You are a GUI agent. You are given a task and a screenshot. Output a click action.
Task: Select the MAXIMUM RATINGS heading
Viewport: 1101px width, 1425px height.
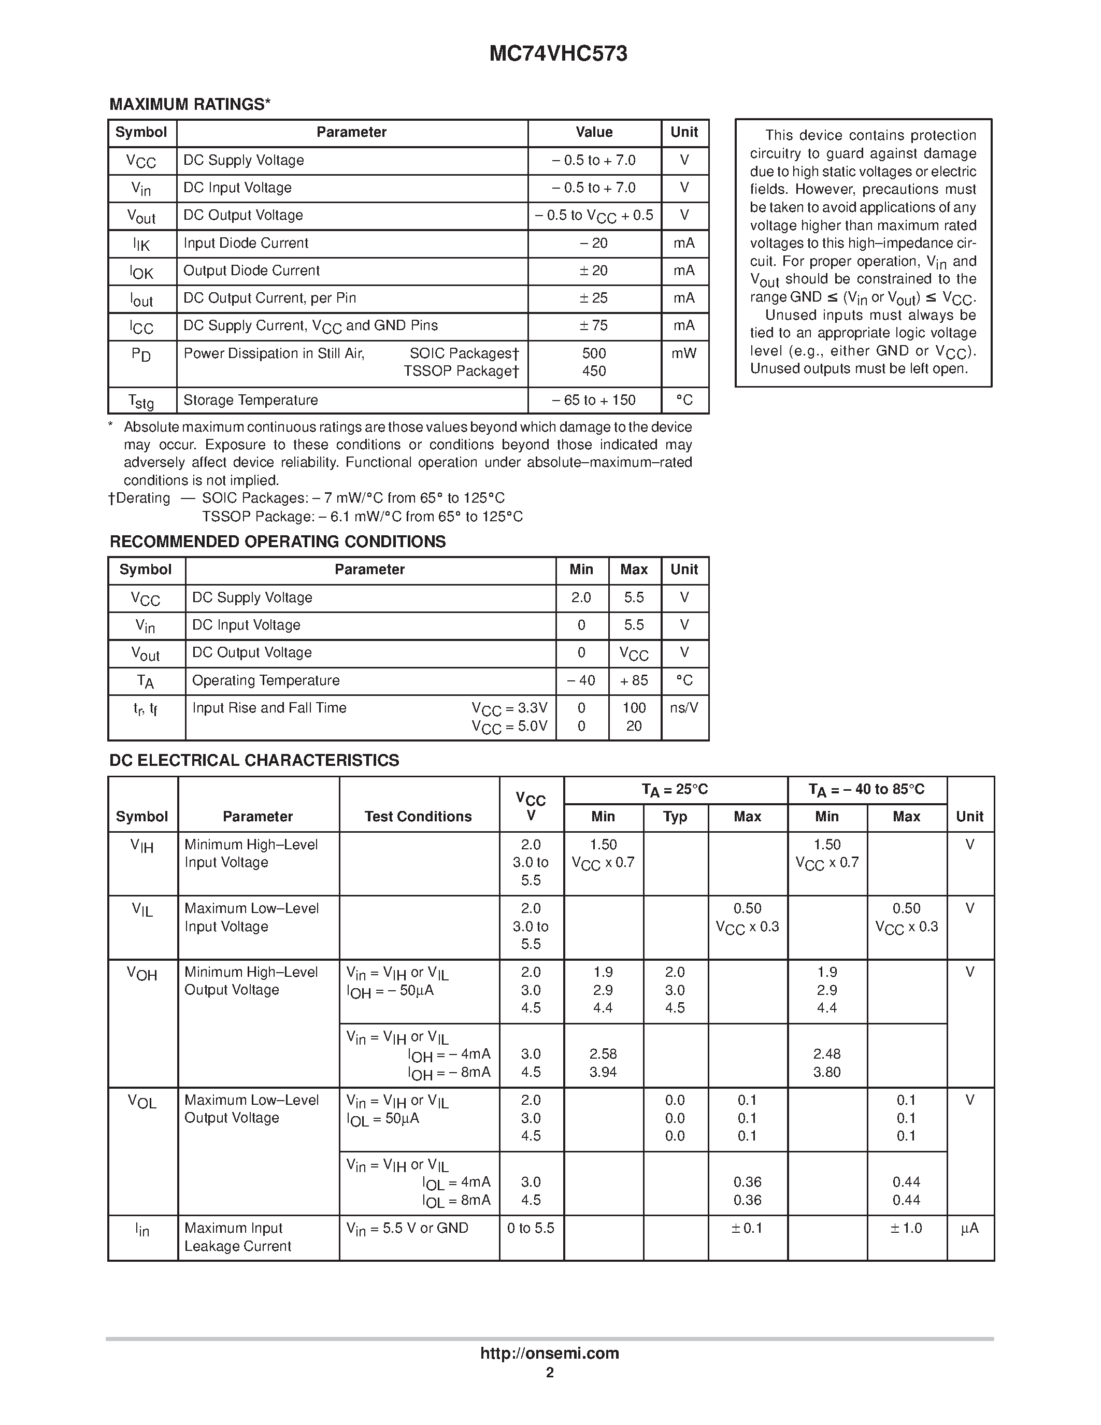[x=190, y=104]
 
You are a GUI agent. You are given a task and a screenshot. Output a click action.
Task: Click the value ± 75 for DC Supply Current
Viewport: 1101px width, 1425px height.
[x=594, y=325]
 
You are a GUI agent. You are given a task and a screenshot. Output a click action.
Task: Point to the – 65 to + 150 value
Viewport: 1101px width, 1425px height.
[x=594, y=400]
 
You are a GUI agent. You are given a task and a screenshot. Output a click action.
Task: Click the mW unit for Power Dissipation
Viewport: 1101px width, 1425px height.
[x=684, y=353]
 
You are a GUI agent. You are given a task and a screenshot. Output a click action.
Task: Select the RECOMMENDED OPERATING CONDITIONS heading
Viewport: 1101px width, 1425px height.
[x=277, y=541]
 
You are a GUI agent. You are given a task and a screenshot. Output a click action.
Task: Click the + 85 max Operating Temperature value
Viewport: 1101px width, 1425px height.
[x=634, y=680]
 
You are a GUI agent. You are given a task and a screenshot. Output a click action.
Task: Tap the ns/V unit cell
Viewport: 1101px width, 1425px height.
[x=684, y=708]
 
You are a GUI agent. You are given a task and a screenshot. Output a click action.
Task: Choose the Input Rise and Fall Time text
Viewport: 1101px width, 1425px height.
[x=269, y=708]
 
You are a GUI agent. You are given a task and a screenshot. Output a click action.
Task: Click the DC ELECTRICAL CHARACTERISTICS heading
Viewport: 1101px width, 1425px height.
[x=254, y=760]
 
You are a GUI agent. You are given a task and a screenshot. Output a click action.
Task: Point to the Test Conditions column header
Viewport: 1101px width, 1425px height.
[x=418, y=817]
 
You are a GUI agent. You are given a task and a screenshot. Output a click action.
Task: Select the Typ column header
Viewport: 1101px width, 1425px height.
[x=675, y=817]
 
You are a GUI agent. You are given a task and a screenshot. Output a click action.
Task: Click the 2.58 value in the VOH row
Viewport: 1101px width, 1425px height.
[x=603, y=1054]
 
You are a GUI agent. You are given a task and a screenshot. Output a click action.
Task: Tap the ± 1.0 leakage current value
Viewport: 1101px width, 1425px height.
[x=906, y=1228]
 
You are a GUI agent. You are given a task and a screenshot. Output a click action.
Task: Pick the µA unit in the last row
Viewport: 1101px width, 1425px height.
[x=969, y=1228]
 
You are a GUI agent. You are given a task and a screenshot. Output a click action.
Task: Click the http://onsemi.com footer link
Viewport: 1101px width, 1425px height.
[x=549, y=1353]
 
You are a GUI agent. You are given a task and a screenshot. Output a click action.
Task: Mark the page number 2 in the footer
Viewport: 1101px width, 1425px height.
[x=550, y=1373]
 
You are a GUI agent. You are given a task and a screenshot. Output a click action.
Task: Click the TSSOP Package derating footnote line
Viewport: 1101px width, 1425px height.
[x=362, y=517]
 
